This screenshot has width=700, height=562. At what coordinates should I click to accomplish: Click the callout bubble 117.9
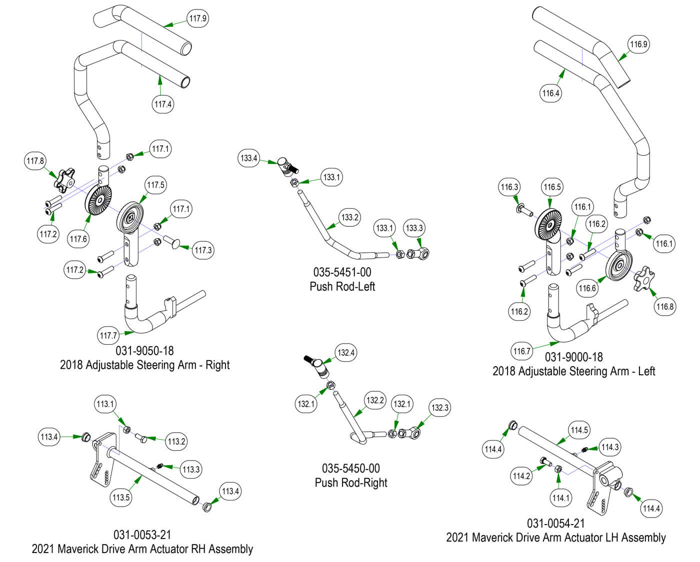pyautogui.click(x=197, y=18)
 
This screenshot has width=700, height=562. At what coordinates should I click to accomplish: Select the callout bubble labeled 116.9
pyautogui.click(x=638, y=44)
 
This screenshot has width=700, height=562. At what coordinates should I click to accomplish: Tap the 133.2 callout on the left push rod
pyautogui.click(x=350, y=218)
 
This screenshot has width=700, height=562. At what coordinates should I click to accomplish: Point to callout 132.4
pyautogui.click(x=346, y=353)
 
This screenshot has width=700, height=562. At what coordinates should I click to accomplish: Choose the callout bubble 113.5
pyautogui.click(x=121, y=498)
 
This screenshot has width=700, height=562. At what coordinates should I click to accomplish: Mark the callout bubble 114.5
pyautogui.click(x=579, y=430)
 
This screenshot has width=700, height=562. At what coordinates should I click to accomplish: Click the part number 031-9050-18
pyautogui.click(x=145, y=351)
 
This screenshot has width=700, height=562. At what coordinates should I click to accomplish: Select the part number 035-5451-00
pyautogui.click(x=342, y=273)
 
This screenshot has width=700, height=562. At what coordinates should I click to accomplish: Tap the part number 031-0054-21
pyautogui.click(x=555, y=524)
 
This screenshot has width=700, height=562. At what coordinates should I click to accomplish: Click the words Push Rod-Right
pyautogui.click(x=351, y=483)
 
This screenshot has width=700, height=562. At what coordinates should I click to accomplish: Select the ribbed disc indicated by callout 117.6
pyautogui.click(x=98, y=199)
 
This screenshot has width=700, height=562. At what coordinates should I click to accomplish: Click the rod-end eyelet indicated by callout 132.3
pyautogui.click(x=411, y=432)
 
